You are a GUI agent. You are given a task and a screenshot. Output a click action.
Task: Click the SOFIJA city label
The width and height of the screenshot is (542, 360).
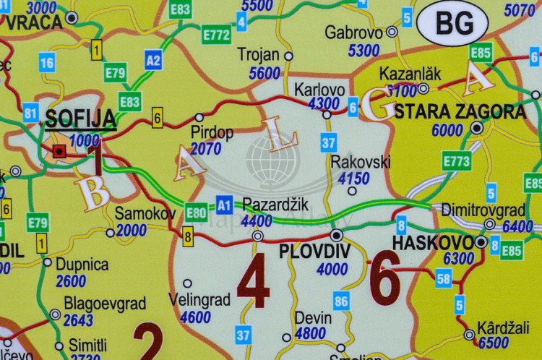(x=80, y=118)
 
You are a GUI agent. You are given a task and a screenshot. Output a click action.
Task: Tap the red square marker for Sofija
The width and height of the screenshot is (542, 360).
(x=59, y=151)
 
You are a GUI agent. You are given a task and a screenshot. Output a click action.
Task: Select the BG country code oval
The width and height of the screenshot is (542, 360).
(x=452, y=23)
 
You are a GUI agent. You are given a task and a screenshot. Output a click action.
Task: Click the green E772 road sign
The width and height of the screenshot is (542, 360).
(x=216, y=34)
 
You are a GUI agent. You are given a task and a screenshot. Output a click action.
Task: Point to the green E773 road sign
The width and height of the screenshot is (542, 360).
(x=457, y=160)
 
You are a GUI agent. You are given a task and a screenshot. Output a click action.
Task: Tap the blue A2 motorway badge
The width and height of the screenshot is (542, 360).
(x=153, y=59)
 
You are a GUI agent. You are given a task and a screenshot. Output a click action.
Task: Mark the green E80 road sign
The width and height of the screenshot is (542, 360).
(x=197, y=212)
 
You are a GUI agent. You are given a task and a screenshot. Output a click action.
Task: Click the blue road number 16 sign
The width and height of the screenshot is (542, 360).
(x=47, y=63)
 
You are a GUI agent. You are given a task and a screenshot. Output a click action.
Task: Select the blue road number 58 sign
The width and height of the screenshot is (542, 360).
(x=443, y=277)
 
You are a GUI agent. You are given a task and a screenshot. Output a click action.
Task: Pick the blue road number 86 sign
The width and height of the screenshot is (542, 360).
(x=341, y=301)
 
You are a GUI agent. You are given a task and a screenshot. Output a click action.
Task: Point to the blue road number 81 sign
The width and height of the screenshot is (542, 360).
(x=30, y=112)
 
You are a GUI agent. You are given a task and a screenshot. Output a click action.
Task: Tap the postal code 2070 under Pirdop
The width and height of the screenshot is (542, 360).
(x=206, y=149)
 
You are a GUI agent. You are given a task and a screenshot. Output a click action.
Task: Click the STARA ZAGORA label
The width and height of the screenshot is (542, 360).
(x=460, y=111)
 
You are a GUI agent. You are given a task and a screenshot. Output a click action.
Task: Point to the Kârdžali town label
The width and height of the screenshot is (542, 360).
(x=503, y=327)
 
